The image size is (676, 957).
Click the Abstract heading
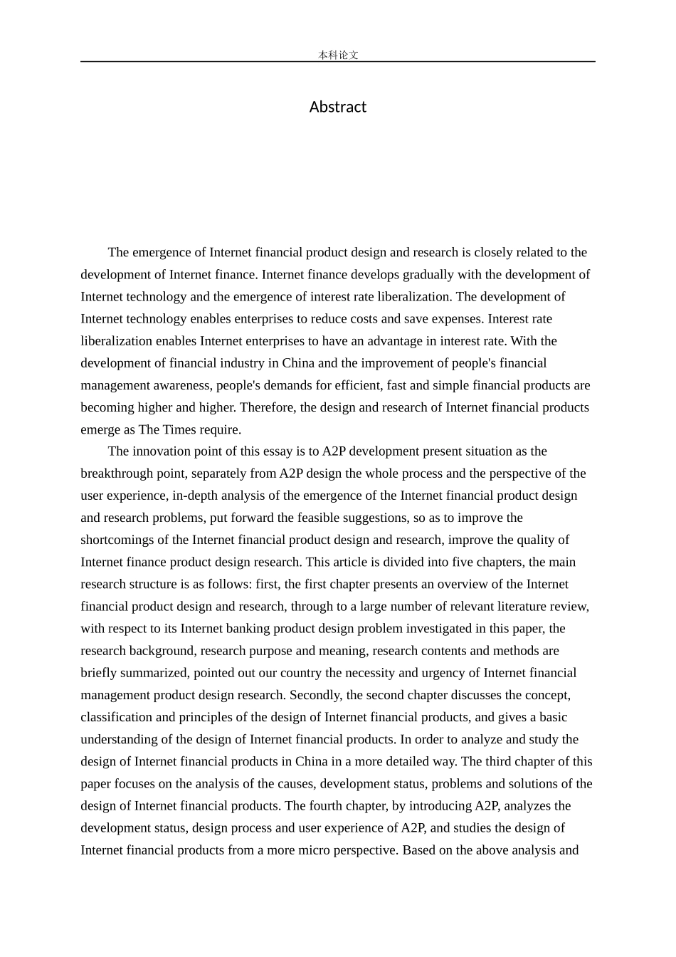tap(337, 107)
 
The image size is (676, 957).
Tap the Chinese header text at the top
tap(338, 55)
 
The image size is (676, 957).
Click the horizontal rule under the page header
tap(337, 62)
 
